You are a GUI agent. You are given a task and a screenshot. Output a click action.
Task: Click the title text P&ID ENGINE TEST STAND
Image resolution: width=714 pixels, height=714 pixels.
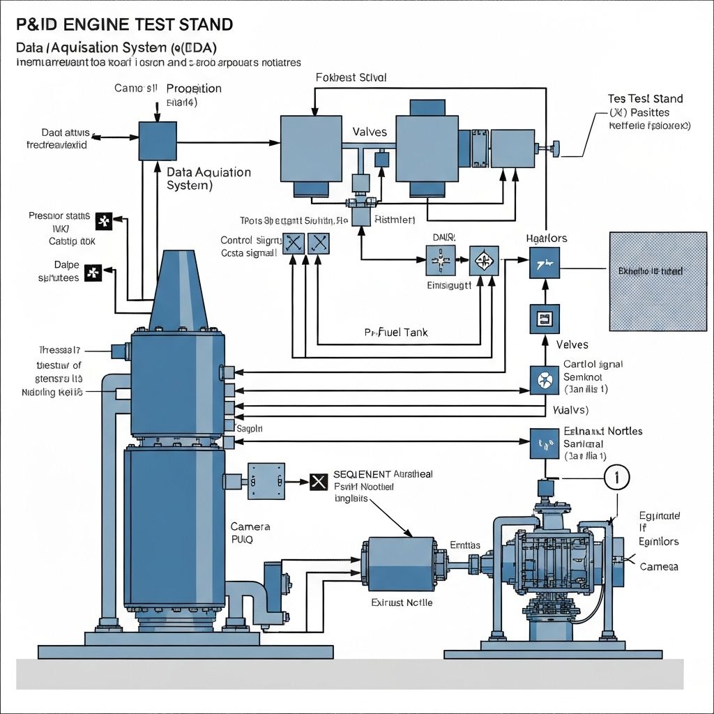[124, 25]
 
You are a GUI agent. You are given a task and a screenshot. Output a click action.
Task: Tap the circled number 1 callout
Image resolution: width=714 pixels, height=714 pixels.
[616, 478]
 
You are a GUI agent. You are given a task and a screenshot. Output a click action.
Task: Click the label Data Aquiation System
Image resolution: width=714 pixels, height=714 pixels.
[209, 178]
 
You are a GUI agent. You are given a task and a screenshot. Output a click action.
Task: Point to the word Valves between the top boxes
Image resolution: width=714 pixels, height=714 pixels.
[370, 132]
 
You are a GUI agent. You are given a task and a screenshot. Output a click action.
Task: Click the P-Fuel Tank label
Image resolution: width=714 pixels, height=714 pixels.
[396, 333]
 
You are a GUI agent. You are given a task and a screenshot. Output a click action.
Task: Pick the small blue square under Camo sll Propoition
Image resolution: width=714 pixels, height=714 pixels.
[158, 141]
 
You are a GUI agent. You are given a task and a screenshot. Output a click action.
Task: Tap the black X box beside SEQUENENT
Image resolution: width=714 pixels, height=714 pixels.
[318, 481]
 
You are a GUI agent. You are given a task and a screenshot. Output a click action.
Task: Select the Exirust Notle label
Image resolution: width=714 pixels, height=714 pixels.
[402, 602]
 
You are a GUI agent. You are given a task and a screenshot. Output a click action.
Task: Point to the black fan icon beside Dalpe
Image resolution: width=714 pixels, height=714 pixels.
[93, 273]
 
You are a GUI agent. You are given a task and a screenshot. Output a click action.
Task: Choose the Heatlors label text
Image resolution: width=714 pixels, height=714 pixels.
[547, 238]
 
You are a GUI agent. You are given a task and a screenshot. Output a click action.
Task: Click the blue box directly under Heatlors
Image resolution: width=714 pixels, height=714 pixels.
[543, 266]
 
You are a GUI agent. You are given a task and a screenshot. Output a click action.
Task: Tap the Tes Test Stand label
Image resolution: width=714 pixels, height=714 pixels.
[645, 99]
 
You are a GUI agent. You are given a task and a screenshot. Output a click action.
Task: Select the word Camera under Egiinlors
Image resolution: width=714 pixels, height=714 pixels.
[659, 567]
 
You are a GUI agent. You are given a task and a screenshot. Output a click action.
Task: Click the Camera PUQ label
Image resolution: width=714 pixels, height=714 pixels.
[250, 533]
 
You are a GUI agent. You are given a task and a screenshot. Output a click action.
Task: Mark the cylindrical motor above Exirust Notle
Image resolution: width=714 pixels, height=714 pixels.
[397, 563]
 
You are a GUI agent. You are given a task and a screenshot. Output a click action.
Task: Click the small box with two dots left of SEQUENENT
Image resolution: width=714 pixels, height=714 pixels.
[266, 480]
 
